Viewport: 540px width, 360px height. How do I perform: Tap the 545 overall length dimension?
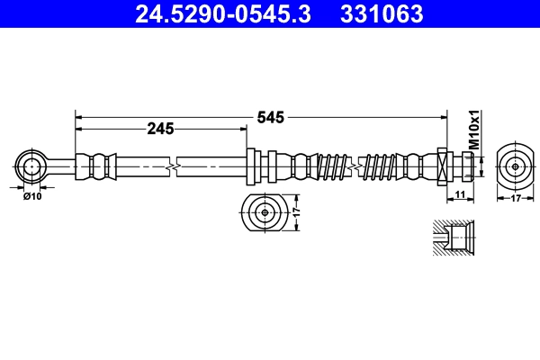[269, 116]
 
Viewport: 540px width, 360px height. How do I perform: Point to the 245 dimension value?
[159, 130]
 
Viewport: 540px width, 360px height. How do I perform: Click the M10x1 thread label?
[473, 130]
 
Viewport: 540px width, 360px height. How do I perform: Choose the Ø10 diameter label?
[32, 195]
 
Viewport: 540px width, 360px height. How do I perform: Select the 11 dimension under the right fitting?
[459, 195]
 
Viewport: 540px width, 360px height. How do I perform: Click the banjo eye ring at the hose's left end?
[32, 166]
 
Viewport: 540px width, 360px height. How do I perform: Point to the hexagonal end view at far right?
[514, 166]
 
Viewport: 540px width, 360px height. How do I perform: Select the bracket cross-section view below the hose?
[264, 213]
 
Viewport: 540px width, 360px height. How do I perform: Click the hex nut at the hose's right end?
[443, 166]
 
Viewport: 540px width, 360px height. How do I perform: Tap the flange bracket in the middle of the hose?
[253, 166]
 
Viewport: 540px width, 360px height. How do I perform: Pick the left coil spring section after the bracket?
[332, 166]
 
